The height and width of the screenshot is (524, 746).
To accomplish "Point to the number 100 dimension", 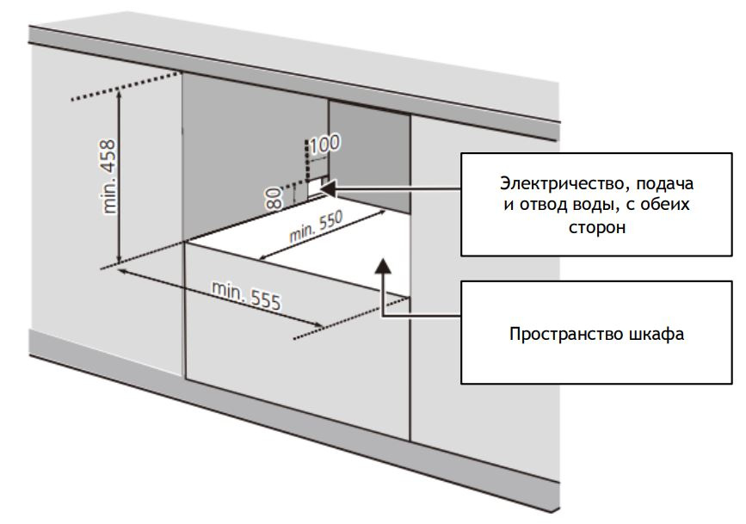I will click(x=324, y=143).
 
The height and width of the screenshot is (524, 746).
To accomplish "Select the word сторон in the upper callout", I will click(x=595, y=229).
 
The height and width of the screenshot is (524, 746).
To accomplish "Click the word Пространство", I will click(x=558, y=334).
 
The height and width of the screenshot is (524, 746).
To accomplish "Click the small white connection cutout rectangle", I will click(x=316, y=187).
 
